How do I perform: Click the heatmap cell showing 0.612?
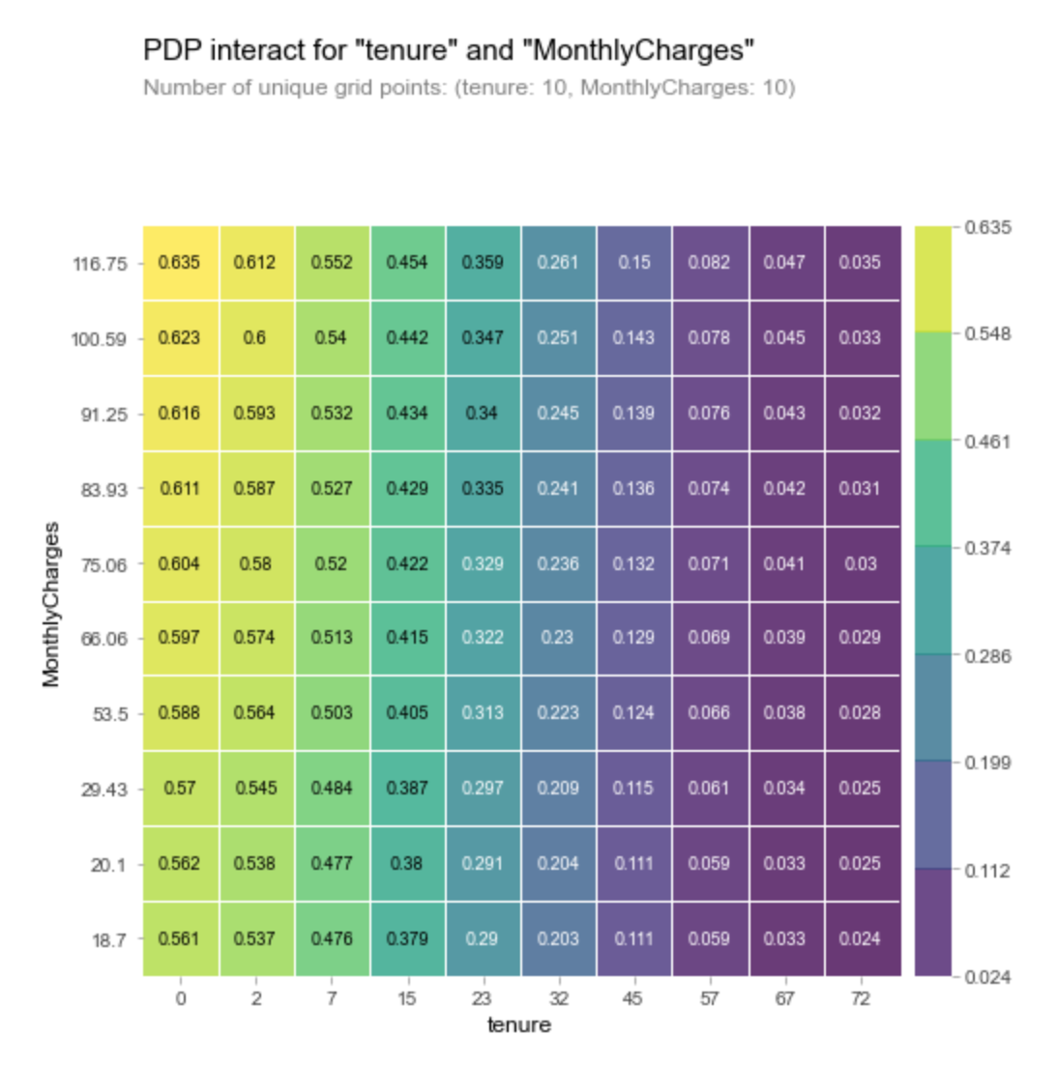click(x=254, y=262)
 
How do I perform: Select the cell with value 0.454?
click(x=406, y=262)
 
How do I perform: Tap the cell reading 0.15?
click(x=633, y=262)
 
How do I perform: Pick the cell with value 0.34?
click(x=482, y=413)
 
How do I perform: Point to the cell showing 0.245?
click(x=558, y=413)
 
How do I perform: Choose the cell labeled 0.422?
click(x=406, y=563)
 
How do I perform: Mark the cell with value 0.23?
click(x=558, y=638)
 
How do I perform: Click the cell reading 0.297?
click(x=482, y=788)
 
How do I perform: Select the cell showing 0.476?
click(x=331, y=938)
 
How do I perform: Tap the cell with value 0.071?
click(x=709, y=563)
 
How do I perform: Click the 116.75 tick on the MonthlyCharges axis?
click(x=100, y=264)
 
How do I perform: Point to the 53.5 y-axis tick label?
click(x=108, y=714)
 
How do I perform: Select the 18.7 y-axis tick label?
click(x=108, y=940)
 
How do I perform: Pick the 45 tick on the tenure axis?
click(x=633, y=998)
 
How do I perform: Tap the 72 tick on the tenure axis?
click(x=861, y=998)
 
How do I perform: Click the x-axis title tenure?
click(x=519, y=1025)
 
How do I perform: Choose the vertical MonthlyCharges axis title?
click(x=51, y=604)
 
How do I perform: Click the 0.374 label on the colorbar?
click(x=987, y=548)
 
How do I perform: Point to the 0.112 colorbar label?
click(x=987, y=871)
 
